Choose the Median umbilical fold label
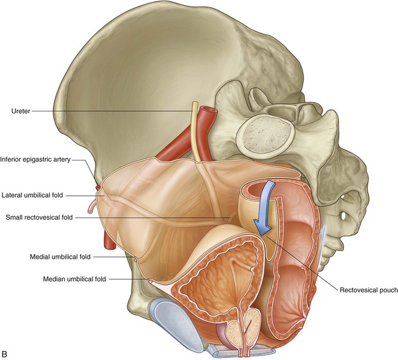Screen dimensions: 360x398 click(x=74, y=279)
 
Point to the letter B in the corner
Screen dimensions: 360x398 click(x=6, y=353)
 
